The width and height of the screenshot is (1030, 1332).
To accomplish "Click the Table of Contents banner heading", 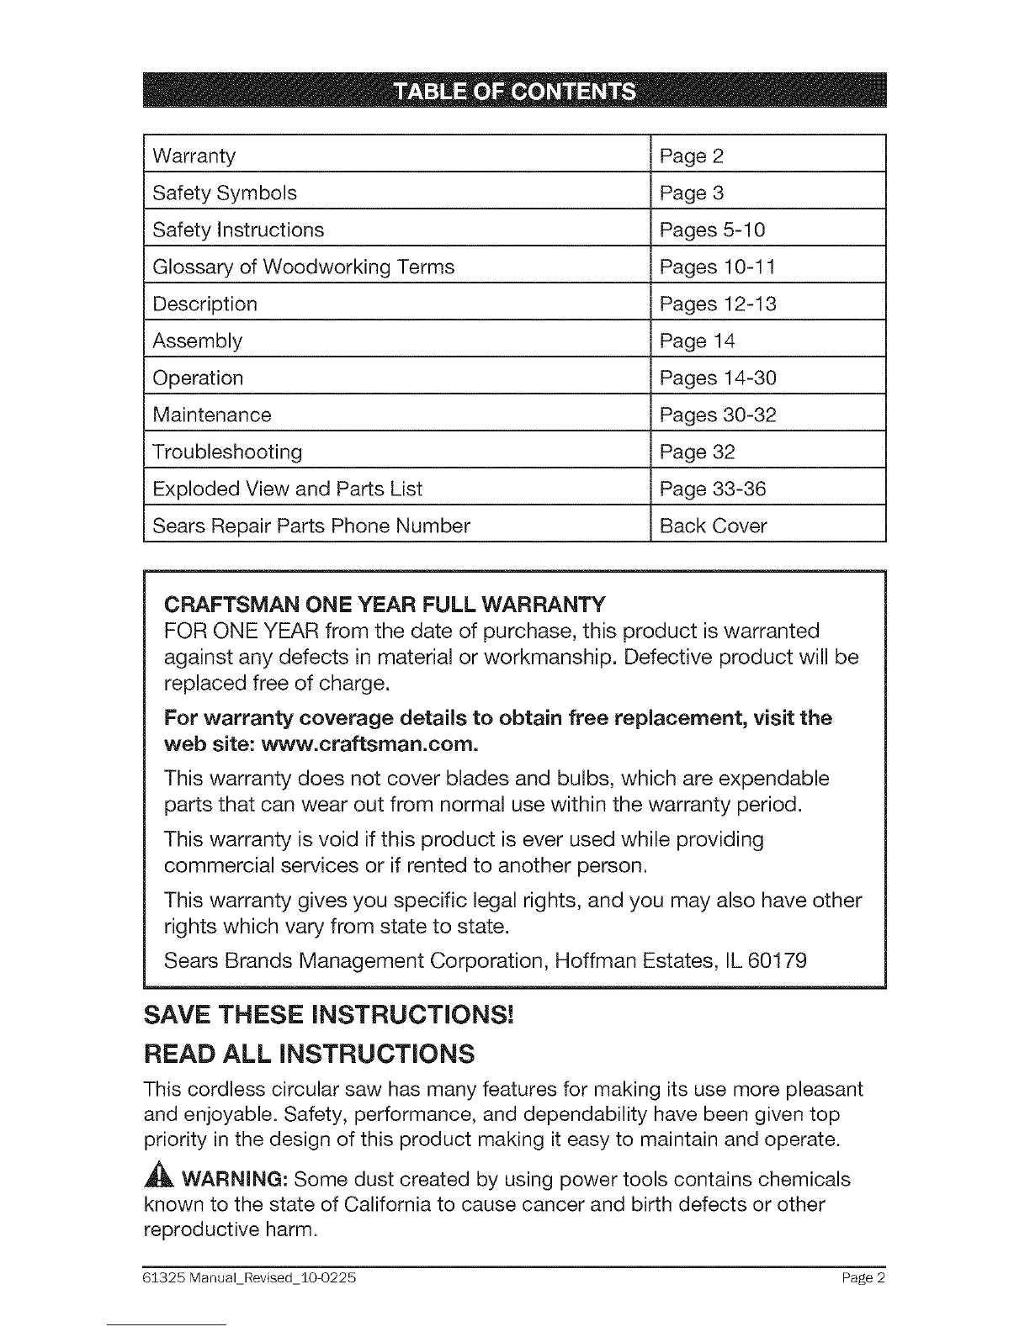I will click(x=515, y=91).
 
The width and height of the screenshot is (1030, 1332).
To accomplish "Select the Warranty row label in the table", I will click(x=194, y=156).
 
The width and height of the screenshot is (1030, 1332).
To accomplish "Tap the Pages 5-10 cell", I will click(x=712, y=230).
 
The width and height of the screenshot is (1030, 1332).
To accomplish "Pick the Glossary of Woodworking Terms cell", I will click(x=303, y=267).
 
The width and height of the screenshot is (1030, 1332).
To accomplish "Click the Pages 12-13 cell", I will click(x=718, y=304).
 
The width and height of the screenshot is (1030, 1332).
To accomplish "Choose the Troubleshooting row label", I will click(x=227, y=452).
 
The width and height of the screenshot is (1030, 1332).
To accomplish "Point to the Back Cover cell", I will click(x=713, y=526).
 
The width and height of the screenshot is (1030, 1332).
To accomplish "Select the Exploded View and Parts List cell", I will click(x=287, y=489).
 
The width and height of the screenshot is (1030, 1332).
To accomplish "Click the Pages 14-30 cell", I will click(x=718, y=378).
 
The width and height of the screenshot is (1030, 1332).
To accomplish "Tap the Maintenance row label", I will click(x=212, y=415).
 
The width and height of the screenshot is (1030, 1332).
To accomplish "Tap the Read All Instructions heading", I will click(x=309, y=1054).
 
